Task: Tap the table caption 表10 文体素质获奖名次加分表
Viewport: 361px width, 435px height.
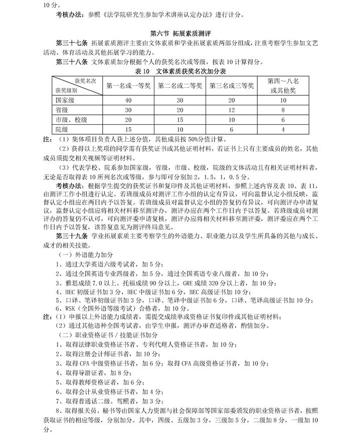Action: click(180, 72)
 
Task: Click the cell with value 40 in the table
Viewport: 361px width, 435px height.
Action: click(129, 101)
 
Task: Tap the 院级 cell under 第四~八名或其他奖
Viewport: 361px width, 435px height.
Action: click(283, 129)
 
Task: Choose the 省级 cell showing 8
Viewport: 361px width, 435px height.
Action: click(283, 110)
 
